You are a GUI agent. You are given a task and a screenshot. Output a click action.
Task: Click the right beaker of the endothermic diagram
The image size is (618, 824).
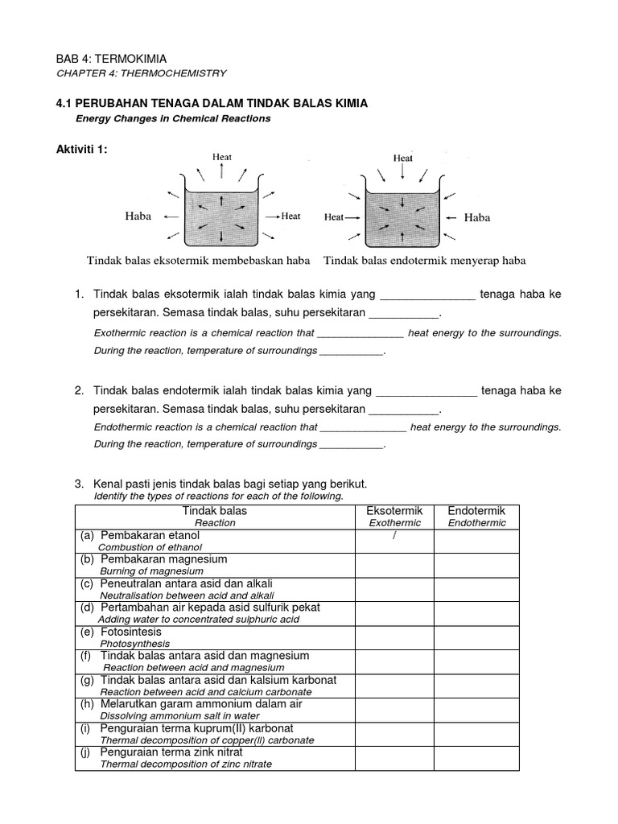[x=402, y=217]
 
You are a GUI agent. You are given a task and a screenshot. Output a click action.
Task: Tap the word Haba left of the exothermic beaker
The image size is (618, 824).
[x=138, y=216]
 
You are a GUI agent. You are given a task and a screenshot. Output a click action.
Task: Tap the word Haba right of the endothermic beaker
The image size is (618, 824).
[x=476, y=217]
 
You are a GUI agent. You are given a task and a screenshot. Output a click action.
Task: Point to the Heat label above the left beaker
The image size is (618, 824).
[x=222, y=158]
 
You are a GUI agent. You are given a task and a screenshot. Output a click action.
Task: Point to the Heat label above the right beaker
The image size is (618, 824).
[x=402, y=159]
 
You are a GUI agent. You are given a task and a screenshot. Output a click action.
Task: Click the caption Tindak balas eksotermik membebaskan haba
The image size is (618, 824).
[x=198, y=261]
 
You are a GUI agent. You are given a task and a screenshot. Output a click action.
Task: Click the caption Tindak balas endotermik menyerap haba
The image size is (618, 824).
[x=424, y=261]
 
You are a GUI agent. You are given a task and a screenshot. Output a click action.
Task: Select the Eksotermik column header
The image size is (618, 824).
[x=394, y=511]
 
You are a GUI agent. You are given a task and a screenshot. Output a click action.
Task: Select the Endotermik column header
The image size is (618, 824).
[x=476, y=511]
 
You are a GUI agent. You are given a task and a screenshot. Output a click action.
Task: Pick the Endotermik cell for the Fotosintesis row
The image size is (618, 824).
[x=476, y=637]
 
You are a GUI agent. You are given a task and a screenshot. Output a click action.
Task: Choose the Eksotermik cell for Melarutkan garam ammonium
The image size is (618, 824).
[x=394, y=710]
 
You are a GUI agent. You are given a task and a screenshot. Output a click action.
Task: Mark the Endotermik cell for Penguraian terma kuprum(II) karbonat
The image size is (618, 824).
[x=476, y=734]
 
